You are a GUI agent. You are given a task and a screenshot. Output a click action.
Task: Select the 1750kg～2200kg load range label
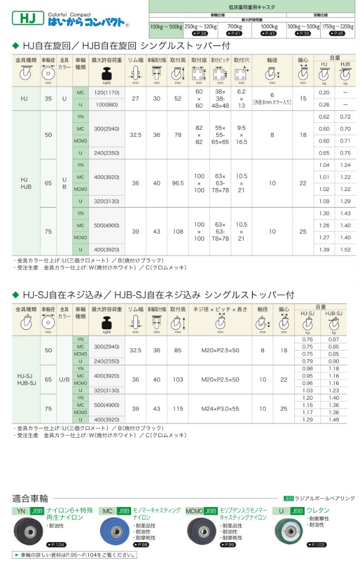click(x=340, y=27)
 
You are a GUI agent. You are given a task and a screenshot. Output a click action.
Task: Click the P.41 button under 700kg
click(x=235, y=33)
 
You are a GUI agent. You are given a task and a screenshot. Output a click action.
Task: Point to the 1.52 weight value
click(x=345, y=250)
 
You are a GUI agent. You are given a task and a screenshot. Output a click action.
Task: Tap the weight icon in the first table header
click(x=107, y=75)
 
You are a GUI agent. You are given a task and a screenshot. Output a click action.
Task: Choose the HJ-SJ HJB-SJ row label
click(x=25, y=379)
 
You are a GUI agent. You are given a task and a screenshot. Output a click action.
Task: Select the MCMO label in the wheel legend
click(x=195, y=510)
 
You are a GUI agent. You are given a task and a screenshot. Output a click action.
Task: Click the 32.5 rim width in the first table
click(x=136, y=135)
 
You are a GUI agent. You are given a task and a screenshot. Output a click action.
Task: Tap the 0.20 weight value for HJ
click(x=324, y=93)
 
